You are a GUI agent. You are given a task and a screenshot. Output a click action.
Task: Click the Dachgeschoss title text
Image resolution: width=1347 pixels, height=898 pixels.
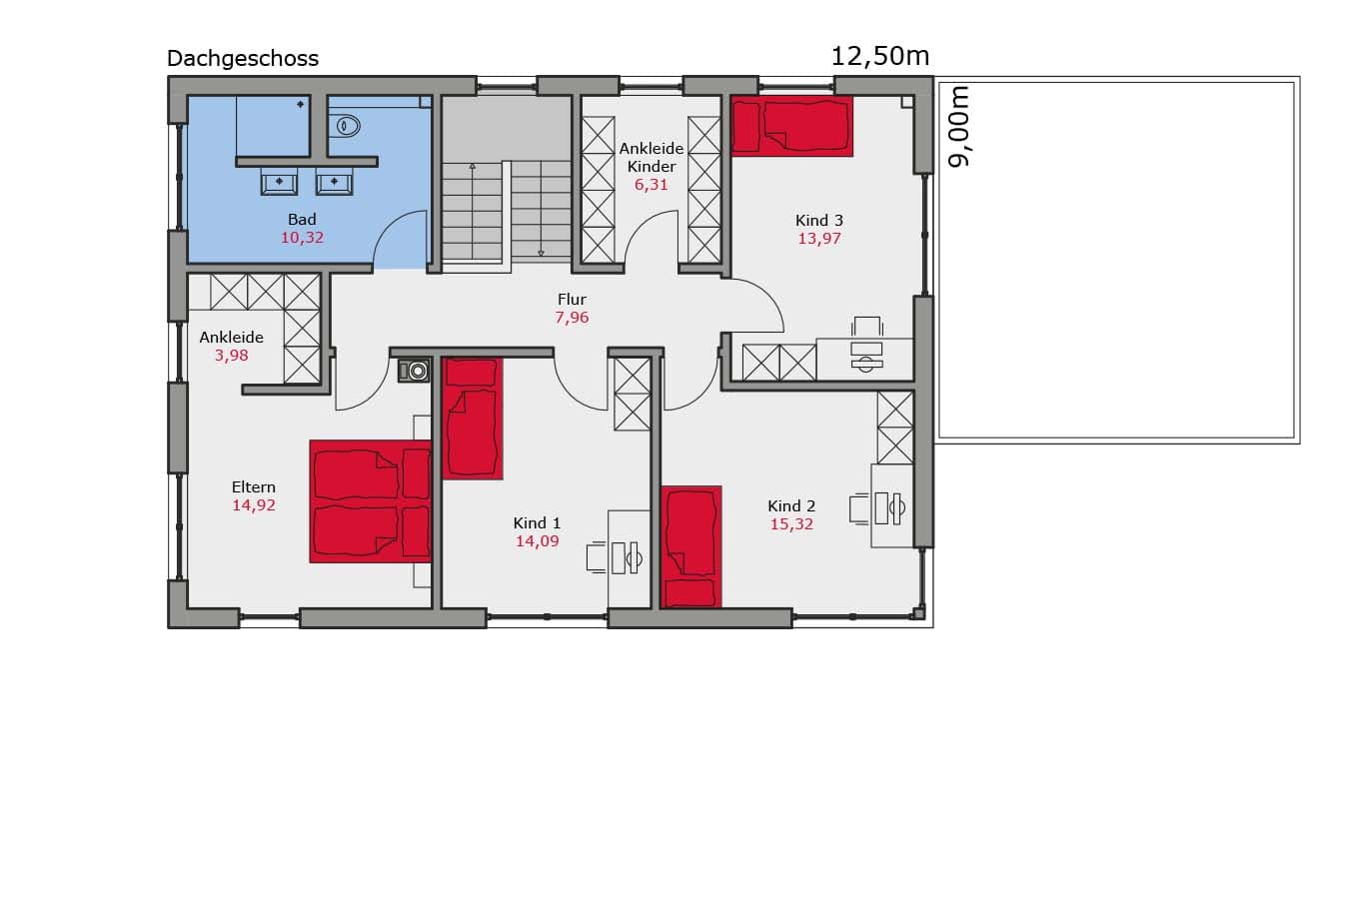pyautogui.click(x=243, y=59)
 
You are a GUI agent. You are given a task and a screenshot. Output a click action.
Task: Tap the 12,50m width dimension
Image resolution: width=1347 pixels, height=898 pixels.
pyautogui.click(x=879, y=57)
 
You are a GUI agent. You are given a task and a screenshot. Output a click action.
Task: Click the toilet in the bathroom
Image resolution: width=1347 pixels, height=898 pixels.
pyautogui.click(x=345, y=126)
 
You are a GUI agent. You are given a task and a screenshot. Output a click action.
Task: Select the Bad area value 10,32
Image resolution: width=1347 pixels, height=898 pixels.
pyautogui.click(x=302, y=238)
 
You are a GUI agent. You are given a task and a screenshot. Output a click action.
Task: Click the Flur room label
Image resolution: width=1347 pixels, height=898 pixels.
pyautogui.click(x=572, y=300)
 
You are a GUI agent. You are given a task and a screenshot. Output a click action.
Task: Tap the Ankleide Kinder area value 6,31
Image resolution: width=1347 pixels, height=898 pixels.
pyautogui.click(x=652, y=185)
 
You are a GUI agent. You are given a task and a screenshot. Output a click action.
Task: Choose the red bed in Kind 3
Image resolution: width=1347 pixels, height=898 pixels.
pyautogui.click(x=792, y=126)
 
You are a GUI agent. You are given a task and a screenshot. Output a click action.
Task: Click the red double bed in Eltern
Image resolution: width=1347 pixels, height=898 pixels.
pyautogui.click(x=371, y=501)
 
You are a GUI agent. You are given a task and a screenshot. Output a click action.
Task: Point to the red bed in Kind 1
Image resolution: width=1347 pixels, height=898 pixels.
pyautogui.click(x=472, y=419)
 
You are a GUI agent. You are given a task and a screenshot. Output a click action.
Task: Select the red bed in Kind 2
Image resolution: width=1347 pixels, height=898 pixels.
pyautogui.click(x=690, y=547)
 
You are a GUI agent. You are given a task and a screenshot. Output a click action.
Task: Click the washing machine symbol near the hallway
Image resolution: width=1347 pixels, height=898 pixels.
pyautogui.click(x=415, y=371)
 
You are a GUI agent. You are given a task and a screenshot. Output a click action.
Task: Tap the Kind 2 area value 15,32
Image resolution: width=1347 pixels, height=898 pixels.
pyautogui.click(x=791, y=524)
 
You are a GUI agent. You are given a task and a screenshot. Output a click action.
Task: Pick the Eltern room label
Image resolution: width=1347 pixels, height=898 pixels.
pyautogui.click(x=253, y=486)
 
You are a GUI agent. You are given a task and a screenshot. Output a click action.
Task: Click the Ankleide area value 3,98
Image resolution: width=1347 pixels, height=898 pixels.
pyautogui.click(x=232, y=356)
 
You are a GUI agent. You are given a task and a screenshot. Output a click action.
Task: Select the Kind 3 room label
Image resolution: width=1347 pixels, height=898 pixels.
pyautogui.click(x=819, y=221)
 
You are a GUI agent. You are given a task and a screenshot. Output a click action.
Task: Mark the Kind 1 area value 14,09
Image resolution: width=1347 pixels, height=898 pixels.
pyautogui.click(x=537, y=541)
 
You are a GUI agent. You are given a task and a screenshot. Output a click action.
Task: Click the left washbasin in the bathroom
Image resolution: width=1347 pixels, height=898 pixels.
pyautogui.click(x=279, y=181)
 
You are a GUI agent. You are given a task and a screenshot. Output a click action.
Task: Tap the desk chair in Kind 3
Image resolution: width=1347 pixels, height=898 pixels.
pyautogui.click(x=867, y=327)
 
